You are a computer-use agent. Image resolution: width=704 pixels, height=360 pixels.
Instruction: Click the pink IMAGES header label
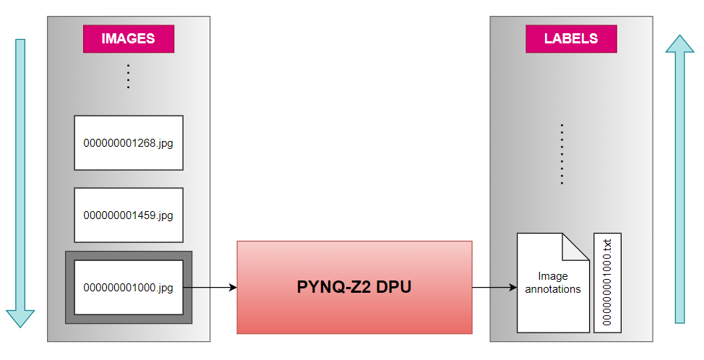pos(128,39)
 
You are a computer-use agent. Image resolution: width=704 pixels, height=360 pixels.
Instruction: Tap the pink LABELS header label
pos(571,39)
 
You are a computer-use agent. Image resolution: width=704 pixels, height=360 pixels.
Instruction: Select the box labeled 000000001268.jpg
pos(129,143)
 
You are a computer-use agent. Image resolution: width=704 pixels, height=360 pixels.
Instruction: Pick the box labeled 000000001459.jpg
pos(129,215)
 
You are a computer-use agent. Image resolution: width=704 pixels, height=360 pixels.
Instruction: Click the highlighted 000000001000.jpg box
pos(129,288)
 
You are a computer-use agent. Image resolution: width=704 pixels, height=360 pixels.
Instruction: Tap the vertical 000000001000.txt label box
pos(607,283)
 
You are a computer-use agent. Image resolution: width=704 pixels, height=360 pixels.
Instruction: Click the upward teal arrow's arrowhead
pos(679,45)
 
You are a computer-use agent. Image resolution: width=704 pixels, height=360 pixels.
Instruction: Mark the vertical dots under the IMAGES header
pos(128,76)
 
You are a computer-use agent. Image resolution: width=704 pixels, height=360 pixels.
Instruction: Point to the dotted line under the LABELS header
pos(562,154)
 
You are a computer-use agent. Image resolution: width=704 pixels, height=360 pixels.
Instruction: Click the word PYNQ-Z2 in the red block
pos(329,287)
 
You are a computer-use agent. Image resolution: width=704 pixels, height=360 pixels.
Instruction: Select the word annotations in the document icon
pos(553,290)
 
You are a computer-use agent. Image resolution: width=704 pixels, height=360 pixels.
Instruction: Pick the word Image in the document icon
pos(553,276)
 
